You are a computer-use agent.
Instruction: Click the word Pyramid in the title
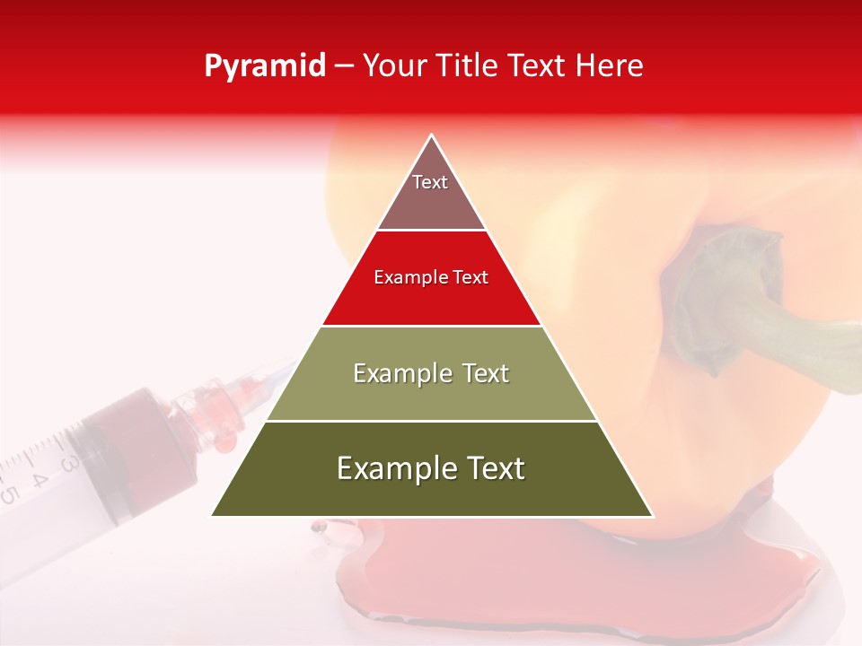coord(264,67)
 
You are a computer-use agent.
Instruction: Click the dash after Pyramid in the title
coord(343,67)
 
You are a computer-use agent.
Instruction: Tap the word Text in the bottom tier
coord(491,468)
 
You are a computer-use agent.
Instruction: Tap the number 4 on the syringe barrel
coord(39,478)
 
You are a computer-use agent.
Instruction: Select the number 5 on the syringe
coord(9,494)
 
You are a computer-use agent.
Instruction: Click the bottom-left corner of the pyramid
coord(213,515)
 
